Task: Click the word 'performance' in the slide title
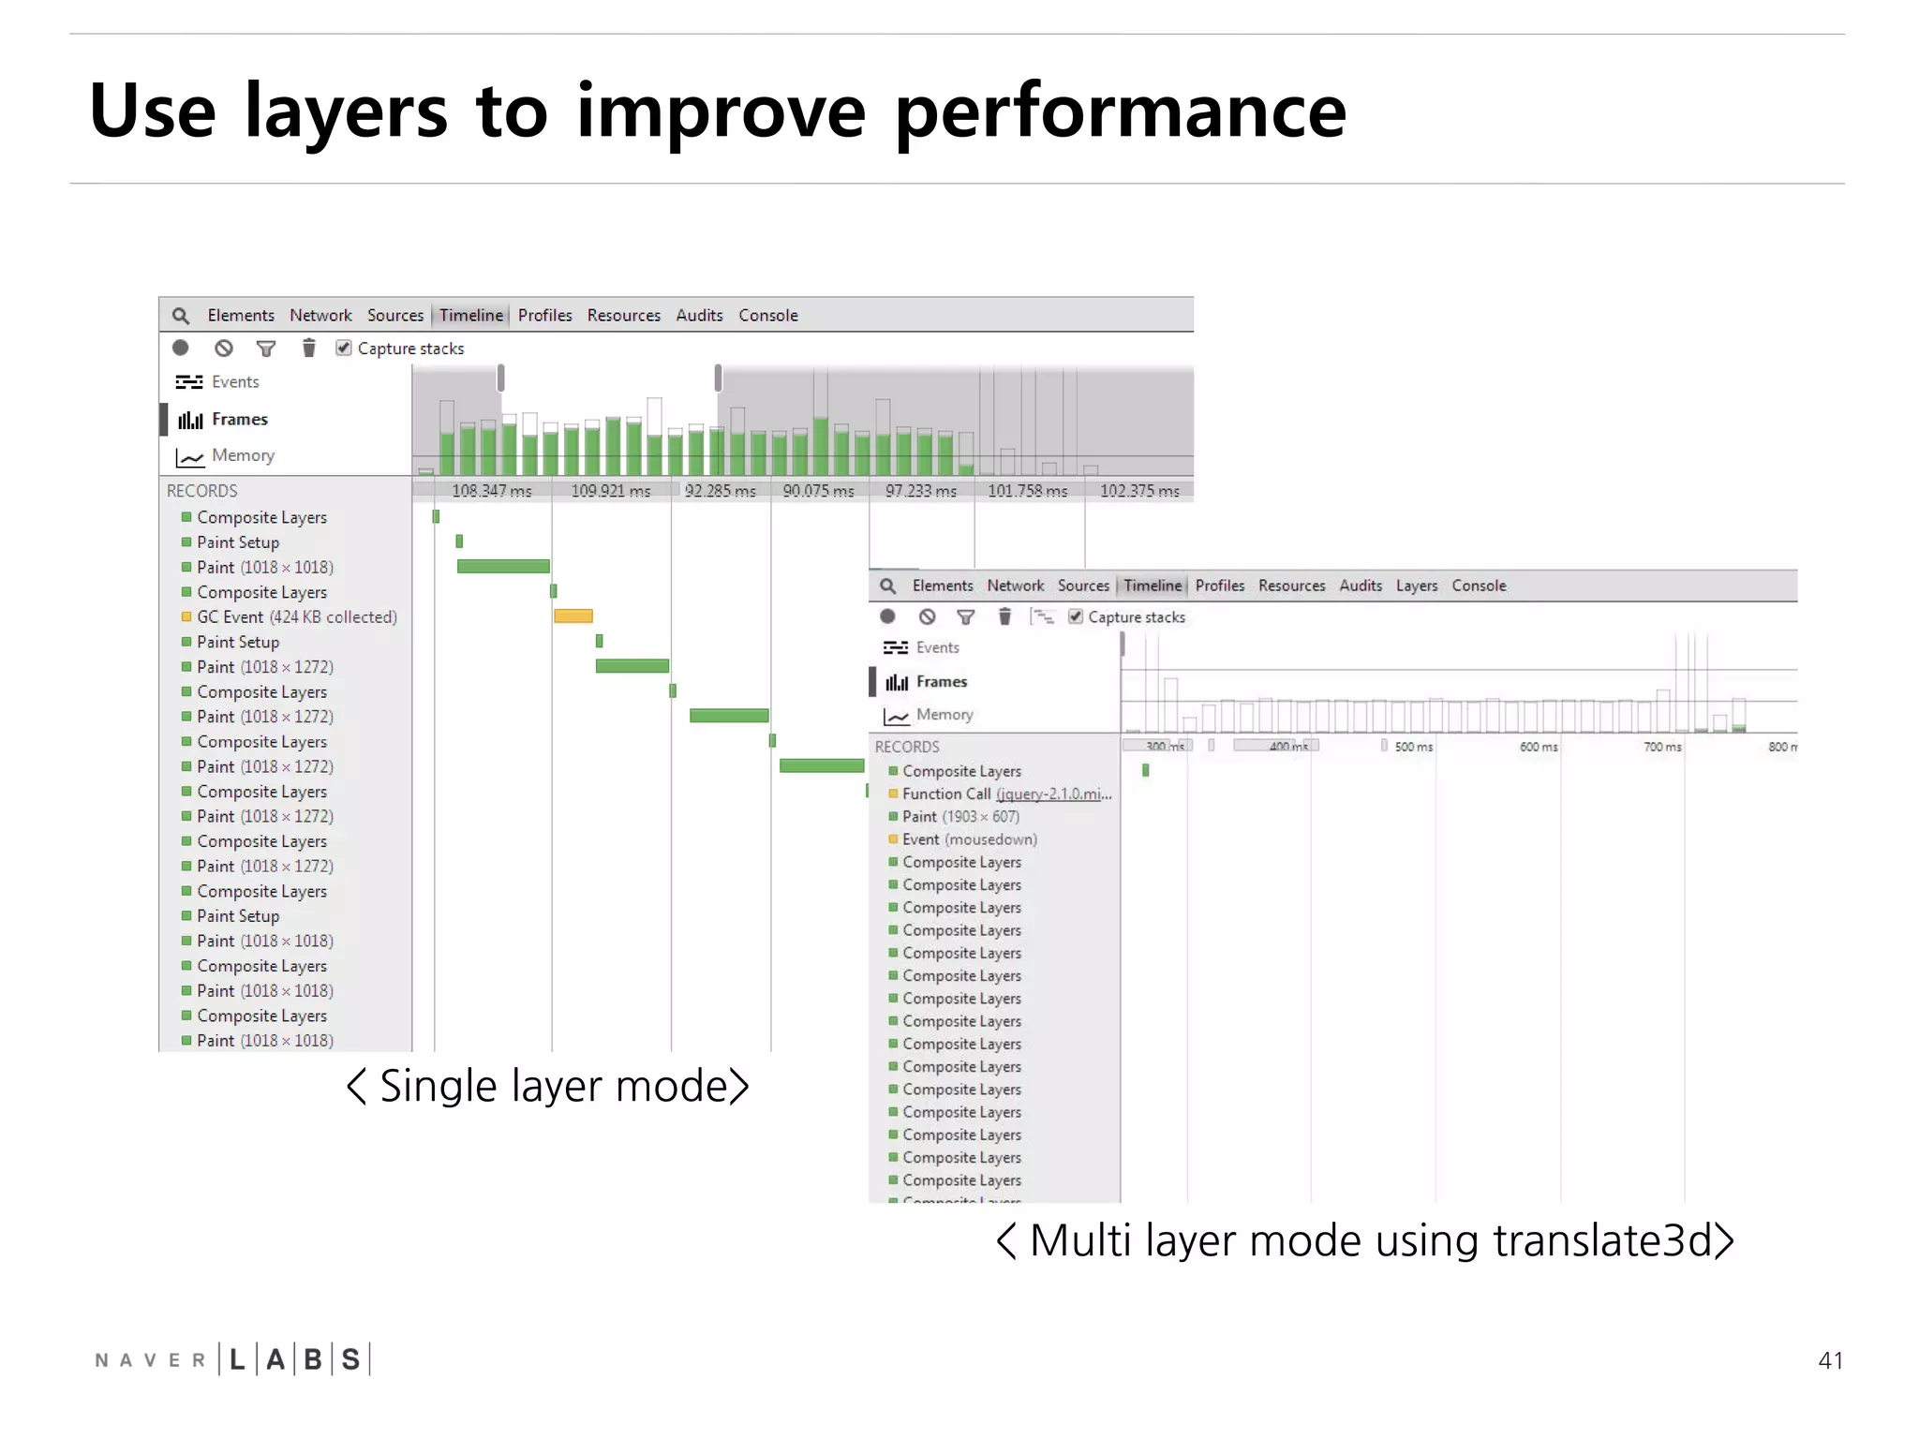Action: (1120, 112)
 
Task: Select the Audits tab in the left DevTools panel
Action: (699, 316)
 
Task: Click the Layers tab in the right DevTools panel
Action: (1416, 586)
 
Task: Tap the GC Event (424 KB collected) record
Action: (296, 617)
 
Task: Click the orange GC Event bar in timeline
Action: (573, 616)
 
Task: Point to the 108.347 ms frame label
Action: (491, 491)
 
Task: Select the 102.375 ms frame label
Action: (1138, 491)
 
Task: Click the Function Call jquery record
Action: (1006, 794)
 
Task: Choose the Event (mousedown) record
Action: (969, 839)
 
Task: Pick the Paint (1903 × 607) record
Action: (960, 817)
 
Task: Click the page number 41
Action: (1830, 1360)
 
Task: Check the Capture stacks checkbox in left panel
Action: (344, 349)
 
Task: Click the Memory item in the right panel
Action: (944, 715)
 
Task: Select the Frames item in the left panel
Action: (239, 420)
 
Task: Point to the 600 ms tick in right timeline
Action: (1538, 747)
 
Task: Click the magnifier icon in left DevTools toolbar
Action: (181, 317)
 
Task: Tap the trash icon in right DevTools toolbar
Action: (1004, 616)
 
